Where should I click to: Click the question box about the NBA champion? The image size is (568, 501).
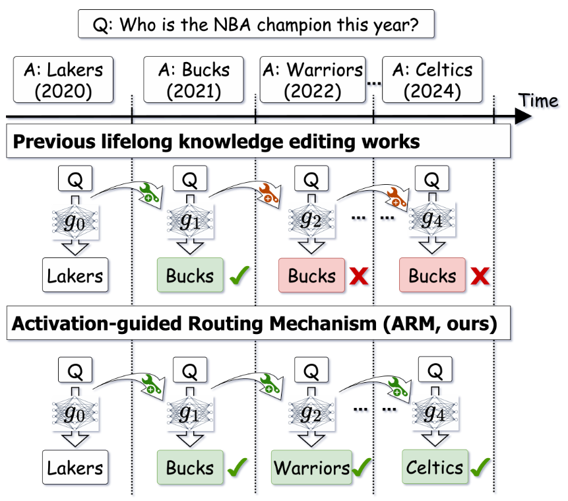coord(257,26)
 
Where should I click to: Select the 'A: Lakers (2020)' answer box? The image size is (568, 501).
coord(63,80)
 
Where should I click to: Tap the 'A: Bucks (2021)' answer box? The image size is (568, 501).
coord(193,80)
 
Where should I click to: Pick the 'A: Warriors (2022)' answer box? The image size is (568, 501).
coord(312,80)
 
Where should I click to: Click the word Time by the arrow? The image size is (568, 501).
coord(538,100)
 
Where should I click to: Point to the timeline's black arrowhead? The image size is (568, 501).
coord(522,116)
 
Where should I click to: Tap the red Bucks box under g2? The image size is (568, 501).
coord(311,275)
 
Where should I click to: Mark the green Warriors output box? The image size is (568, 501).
coord(311,468)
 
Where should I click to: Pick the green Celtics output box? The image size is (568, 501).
coord(435,467)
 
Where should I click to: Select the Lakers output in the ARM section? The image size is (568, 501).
coord(75,468)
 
